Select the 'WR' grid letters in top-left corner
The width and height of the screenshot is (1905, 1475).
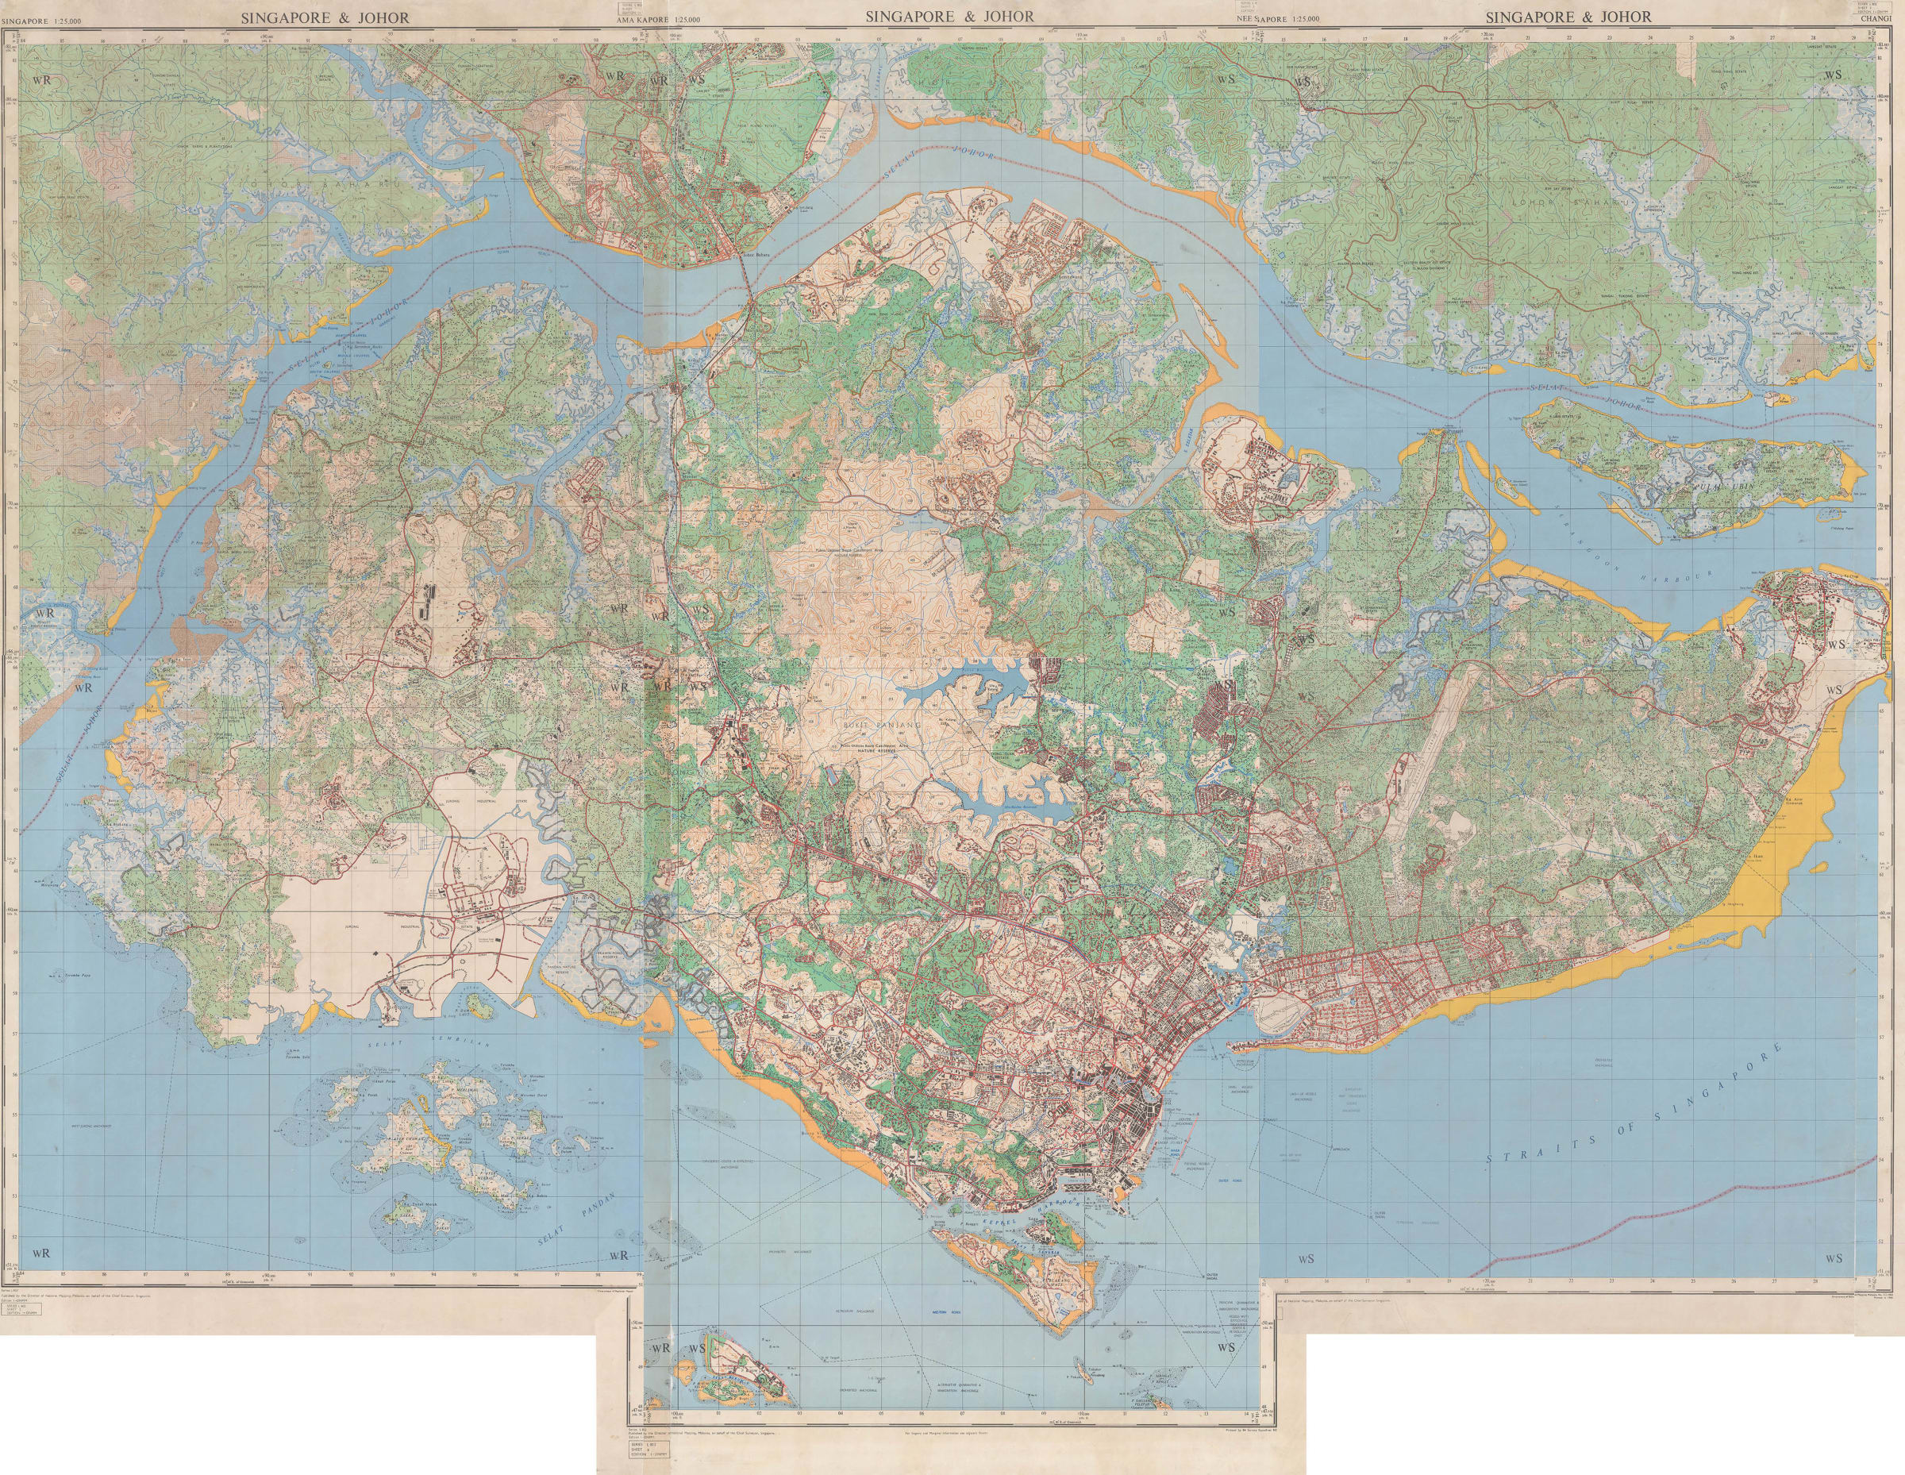click(x=39, y=79)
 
